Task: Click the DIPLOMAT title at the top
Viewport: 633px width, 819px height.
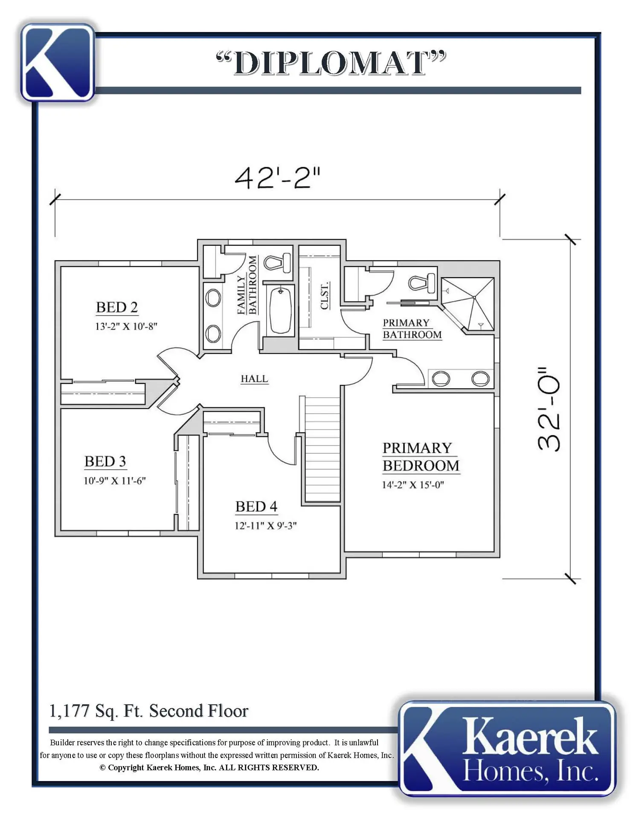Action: tap(331, 63)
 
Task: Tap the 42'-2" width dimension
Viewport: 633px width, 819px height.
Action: tap(277, 178)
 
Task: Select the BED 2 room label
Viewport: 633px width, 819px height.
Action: tap(117, 307)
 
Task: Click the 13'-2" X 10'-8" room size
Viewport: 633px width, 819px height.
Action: tap(126, 326)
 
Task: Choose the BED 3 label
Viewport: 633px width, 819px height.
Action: tap(105, 461)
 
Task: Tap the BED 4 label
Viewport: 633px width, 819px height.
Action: tap(256, 506)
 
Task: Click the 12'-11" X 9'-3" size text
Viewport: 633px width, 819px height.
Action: tap(265, 526)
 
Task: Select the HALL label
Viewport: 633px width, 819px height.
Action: tap(254, 379)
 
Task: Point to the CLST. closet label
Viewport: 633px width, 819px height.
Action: tap(325, 295)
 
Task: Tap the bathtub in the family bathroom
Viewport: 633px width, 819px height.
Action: tap(281, 310)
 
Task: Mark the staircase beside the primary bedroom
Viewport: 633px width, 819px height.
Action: tap(322, 449)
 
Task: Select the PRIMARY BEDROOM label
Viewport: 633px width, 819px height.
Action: tap(421, 457)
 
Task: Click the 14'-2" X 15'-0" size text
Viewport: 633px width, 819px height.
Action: tap(413, 485)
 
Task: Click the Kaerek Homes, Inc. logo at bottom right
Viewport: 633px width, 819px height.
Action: tap(508, 749)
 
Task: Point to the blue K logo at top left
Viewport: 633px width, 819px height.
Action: tap(57, 62)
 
